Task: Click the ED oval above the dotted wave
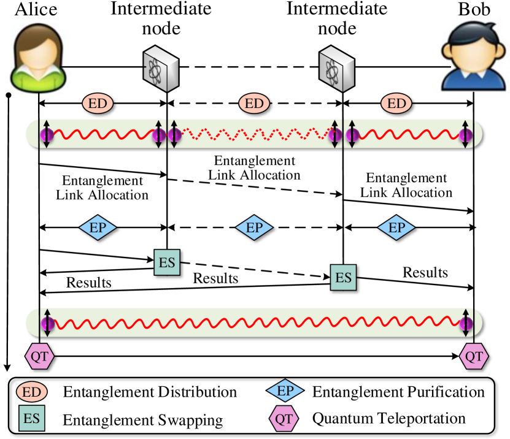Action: click(x=254, y=103)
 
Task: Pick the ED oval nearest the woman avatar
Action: click(x=98, y=103)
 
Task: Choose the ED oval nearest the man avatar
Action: click(x=397, y=103)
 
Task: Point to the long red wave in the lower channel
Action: click(x=254, y=323)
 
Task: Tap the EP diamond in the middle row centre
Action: click(x=254, y=228)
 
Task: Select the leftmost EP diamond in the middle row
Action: click(x=98, y=228)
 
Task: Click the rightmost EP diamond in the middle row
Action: click(x=396, y=228)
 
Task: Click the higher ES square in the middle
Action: click(x=167, y=263)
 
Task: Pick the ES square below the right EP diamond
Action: click(x=343, y=278)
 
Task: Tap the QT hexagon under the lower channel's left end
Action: click(x=39, y=357)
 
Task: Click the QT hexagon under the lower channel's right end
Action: click(x=474, y=357)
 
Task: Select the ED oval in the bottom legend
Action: click(x=32, y=392)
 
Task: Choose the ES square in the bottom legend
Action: click(x=32, y=419)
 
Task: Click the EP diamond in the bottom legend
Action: click(x=285, y=391)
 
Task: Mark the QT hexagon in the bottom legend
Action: click(x=284, y=419)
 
